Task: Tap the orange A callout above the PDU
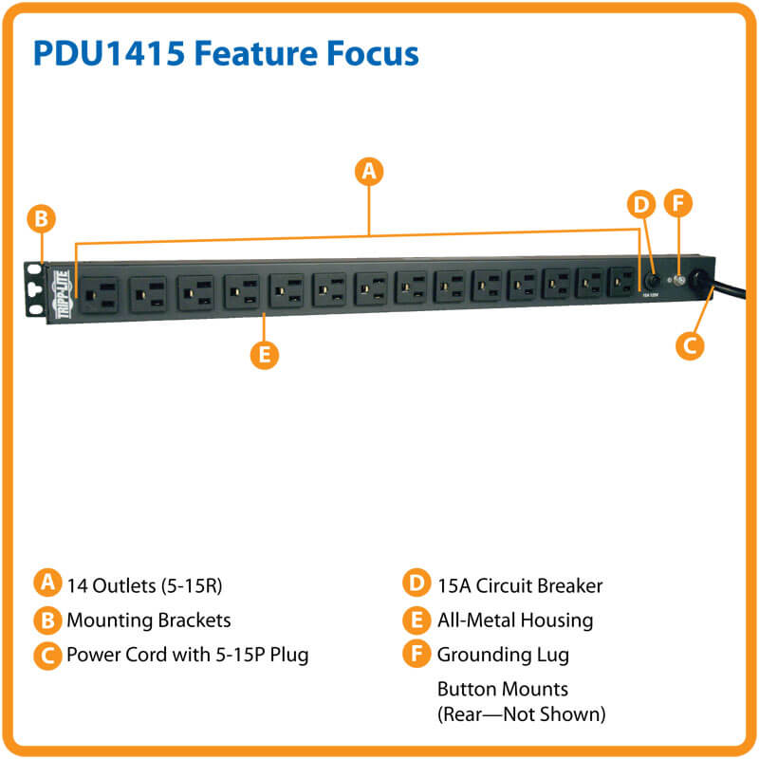coord(369,171)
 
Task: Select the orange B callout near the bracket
coord(41,219)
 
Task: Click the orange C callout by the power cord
coord(692,344)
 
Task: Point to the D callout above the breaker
coord(641,204)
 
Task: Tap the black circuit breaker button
coord(654,281)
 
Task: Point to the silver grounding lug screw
coord(678,280)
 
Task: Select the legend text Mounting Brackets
coord(148,620)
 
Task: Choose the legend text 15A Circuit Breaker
coord(519,584)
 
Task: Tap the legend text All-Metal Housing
coord(514,620)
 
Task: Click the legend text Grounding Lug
coord(503,654)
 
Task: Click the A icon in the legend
coord(46,583)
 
